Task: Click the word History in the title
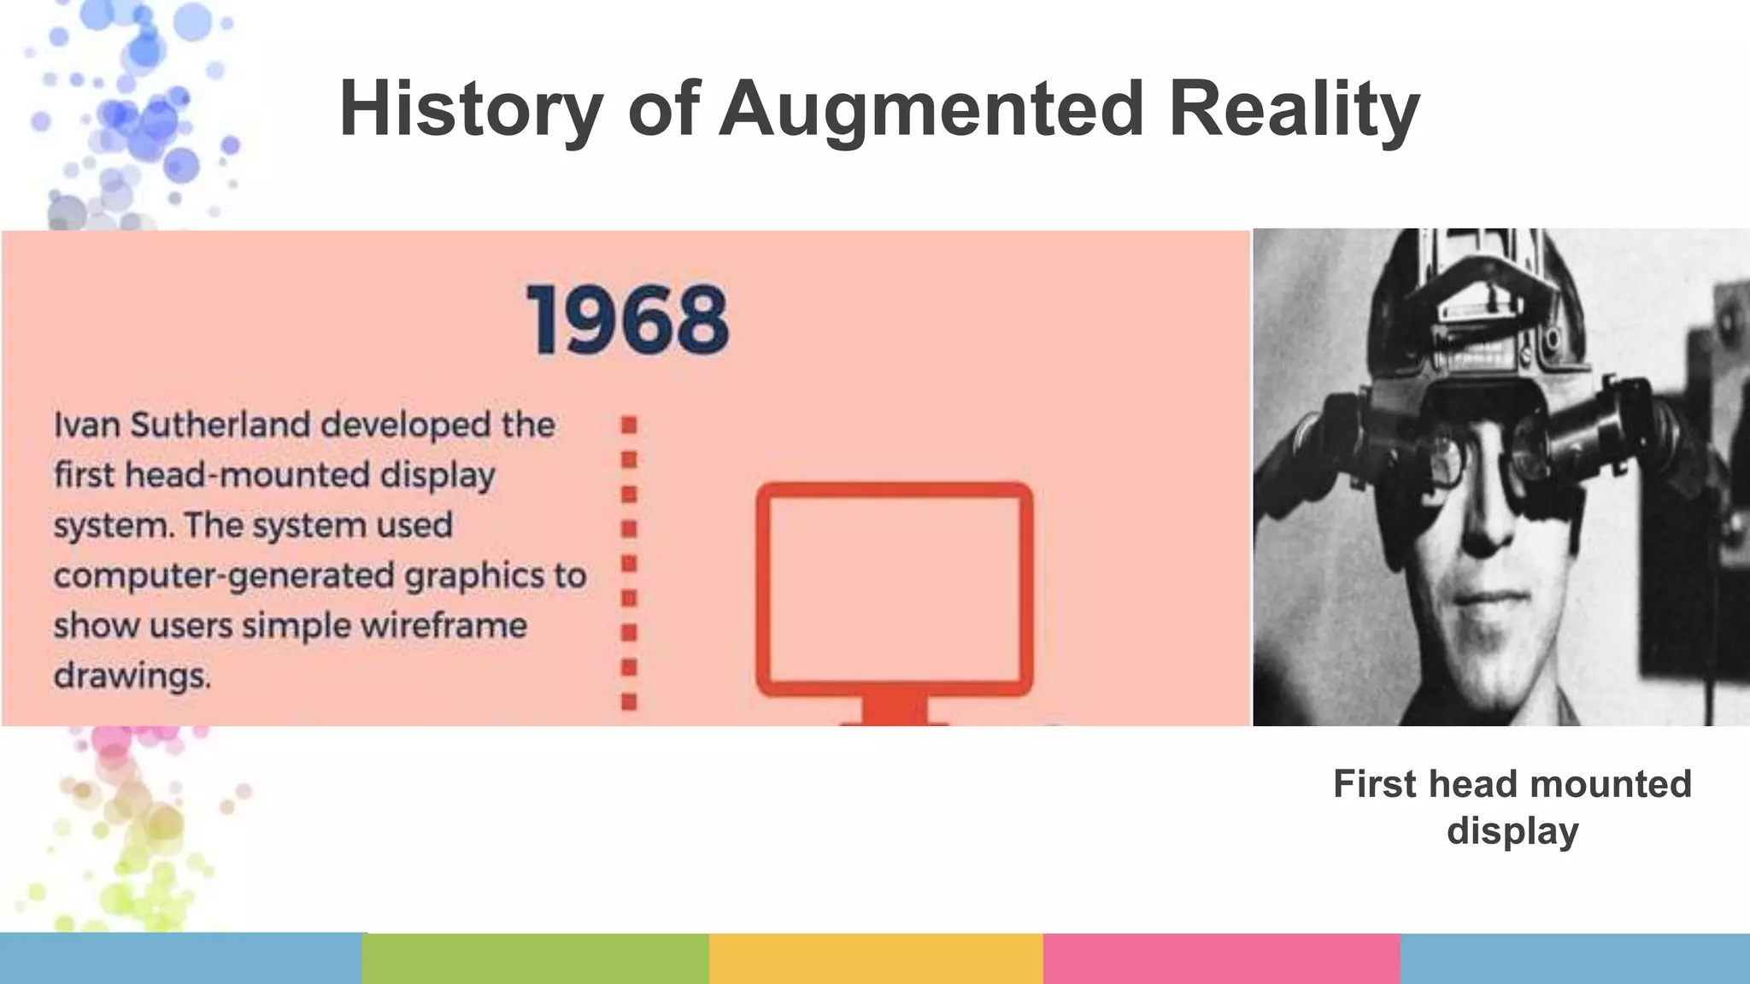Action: (471, 109)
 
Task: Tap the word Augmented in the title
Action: (931, 109)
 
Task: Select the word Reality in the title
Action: (1294, 109)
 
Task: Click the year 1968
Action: (628, 320)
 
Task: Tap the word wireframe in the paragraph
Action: (443, 626)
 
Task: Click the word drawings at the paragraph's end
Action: (132, 676)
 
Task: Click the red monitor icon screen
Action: (895, 588)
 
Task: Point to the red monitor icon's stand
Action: (895, 709)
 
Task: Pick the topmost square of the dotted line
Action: (629, 425)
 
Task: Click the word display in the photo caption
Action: (1512, 830)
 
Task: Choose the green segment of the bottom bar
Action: (536, 958)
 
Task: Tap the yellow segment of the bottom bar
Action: (876, 958)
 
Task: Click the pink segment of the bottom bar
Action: (1221, 958)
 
